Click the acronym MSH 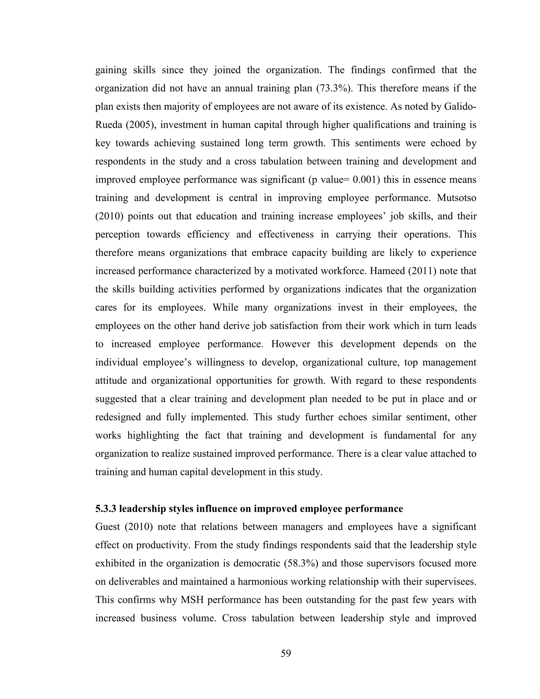192,600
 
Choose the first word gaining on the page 111,70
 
